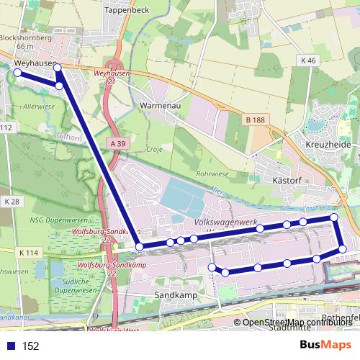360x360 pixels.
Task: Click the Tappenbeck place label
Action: (x=127, y=10)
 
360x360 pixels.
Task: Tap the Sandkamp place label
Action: (x=172, y=295)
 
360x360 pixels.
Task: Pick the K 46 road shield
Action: (x=310, y=61)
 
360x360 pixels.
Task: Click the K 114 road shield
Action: (x=29, y=253)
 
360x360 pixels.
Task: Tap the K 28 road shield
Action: (x=10, y=202)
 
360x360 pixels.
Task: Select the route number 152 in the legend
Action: (x=30, y=346)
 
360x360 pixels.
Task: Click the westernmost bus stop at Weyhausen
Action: (x=18, y=72)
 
